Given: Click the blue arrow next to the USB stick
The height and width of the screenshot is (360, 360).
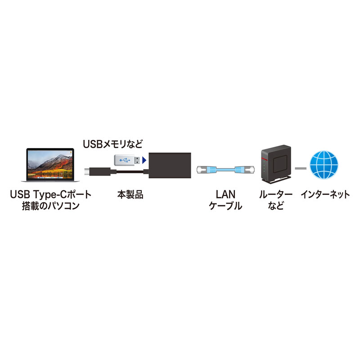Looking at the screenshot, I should pyautogui.click(x=144, y=160).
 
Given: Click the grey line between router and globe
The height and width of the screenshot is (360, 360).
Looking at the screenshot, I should pyautogui.click(x=300, y=168).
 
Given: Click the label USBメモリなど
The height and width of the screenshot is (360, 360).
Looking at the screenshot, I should pyautogui.click(x=112, y=144).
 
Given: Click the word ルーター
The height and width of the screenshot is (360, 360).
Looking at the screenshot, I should pyautogui.click(x=275, y=195).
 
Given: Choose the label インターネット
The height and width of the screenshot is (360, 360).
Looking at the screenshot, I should pyautogui.click(x=325, y=195).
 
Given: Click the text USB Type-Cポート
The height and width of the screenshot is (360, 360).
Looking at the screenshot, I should pyautogui.click(x=50, y=195).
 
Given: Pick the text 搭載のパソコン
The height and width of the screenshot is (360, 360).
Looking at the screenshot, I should pyautogui.click(x=50, y=207).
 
